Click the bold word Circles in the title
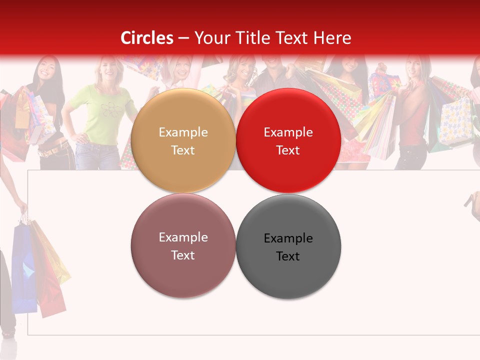[147, 38]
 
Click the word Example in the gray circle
[288, 238]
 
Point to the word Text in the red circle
[288, 150]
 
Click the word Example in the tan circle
[183, 132]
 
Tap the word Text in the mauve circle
[183, 255]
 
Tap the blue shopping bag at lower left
[24, 267]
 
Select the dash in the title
[183, 38]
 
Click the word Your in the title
[209, 38]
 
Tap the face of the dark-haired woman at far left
[44, 69]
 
